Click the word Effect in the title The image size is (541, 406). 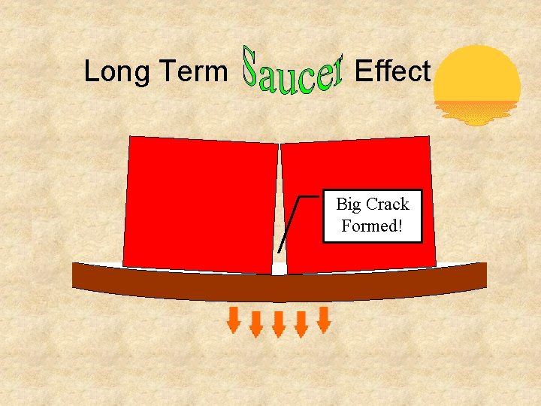click(391, 71)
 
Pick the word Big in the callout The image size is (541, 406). click(349, 204)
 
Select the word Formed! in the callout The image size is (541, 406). click(372, 226)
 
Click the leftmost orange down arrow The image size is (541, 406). click(234, 320)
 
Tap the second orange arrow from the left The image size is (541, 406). click(256, 323)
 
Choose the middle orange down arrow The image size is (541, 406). click(279, 324)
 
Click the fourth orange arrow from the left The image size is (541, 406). click(301, 323)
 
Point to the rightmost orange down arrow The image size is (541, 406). click(324, 320)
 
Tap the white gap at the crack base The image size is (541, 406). click(280, 268)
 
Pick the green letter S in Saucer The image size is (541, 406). click(254, 67)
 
